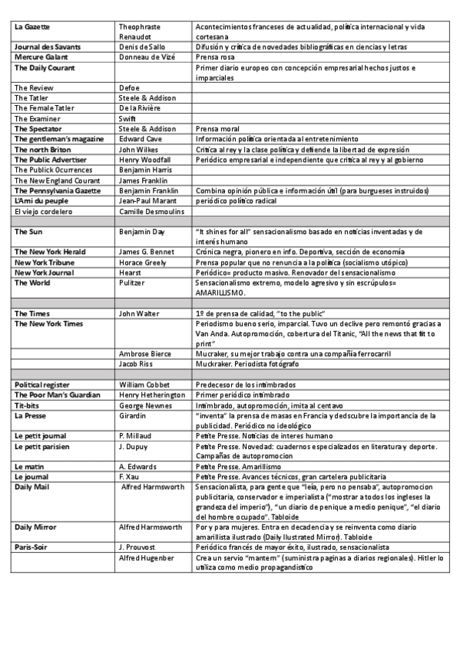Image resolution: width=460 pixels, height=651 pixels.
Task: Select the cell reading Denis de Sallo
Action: click(144, 47)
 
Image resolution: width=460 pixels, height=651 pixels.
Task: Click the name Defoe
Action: click(130, 88)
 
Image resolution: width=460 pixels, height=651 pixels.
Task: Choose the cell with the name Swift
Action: click(128, 118)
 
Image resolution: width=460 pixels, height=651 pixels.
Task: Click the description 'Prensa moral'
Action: click(218, 128)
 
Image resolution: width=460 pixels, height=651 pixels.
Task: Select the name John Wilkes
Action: click(140, 149)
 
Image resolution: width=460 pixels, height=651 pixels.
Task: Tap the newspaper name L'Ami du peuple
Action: click(42, 200)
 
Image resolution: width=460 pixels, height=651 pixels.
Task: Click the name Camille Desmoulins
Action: click(154, 210)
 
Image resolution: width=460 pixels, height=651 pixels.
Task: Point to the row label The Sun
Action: click(28, 231)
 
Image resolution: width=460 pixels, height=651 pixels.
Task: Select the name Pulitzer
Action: click(134, 283)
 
